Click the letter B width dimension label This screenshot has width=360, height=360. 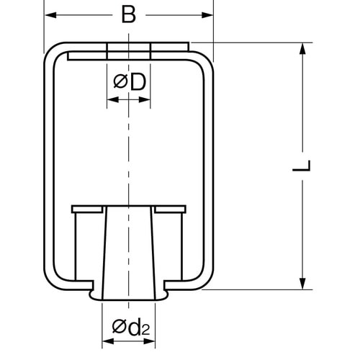click(x=128, y=14)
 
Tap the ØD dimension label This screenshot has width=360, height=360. click(x=130, y=83)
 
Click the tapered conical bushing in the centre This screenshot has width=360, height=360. click(x=130, y=252)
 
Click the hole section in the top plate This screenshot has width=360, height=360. click(x=130, y=50)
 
